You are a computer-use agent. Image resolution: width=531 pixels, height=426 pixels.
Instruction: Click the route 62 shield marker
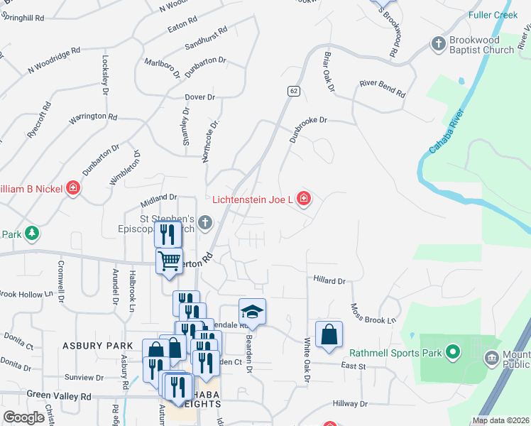coord(293,91)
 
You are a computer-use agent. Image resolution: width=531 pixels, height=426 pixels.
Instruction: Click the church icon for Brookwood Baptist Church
coord(438,45)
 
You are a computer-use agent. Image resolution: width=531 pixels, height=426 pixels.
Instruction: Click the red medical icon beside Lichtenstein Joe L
coord(304,200)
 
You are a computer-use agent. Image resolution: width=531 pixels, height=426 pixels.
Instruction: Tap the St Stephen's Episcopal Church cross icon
coord(205,224)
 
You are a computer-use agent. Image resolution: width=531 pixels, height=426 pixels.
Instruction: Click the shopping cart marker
coord(169,261)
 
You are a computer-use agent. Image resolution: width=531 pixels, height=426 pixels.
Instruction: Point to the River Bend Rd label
coord(382,89)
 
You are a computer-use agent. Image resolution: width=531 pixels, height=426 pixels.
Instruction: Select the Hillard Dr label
coord(329,280)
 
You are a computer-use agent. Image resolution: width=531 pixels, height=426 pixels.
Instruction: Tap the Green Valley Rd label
coord(59,396)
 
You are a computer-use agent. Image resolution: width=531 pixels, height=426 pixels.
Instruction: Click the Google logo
coord(23,417)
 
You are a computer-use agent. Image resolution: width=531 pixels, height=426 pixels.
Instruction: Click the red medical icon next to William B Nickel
coord(72,189)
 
